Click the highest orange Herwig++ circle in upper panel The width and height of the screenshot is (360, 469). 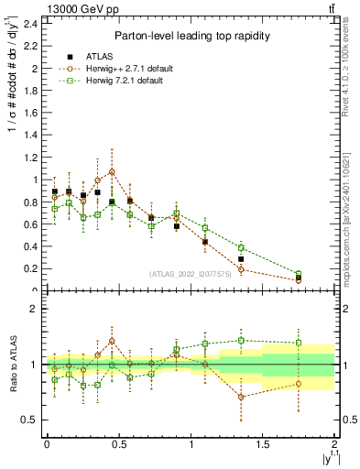click(x=112, y=171)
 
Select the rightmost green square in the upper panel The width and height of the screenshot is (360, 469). click(x=299, y=274)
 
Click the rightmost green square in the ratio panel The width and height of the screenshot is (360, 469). click(x=299, y=344)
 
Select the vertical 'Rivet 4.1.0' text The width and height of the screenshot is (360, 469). click(x=350, y=69)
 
